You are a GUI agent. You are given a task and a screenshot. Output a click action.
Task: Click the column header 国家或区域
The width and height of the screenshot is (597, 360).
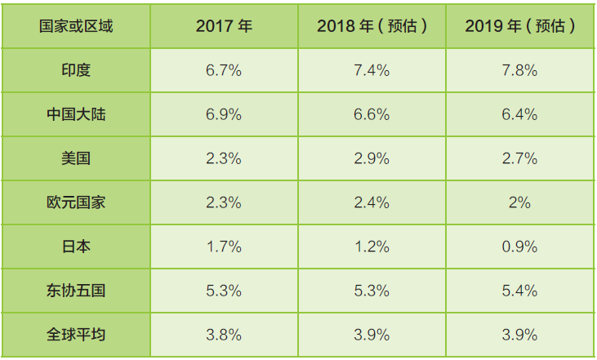point(76,25)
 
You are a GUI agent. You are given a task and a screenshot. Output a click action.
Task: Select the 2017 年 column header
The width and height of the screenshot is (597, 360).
point(224,25)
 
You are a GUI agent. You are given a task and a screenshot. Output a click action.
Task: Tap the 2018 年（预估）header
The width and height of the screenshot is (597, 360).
point(372,25)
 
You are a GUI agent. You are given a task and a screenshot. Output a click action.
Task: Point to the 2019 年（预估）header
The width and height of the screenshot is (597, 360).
point(520,25)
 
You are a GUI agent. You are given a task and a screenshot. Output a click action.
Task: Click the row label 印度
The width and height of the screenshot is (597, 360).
point(76,70)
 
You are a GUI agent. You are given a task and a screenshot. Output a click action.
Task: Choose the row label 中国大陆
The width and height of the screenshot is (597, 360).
point(76,114)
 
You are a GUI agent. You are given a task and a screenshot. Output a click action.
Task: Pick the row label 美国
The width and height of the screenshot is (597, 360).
point(76,158)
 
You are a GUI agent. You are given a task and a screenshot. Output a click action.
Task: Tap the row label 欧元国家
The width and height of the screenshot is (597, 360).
point(76,202)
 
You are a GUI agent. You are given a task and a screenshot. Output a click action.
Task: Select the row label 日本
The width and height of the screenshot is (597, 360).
point(76,246)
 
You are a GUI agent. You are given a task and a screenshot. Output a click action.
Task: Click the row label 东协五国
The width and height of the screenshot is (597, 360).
point(76,290)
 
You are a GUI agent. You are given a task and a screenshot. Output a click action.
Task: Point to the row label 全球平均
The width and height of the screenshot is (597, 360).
point(76,333)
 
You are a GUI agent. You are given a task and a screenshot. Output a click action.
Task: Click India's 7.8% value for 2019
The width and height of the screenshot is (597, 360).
point(520,70)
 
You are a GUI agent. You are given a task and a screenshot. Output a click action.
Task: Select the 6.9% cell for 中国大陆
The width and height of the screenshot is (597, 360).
point(224,114)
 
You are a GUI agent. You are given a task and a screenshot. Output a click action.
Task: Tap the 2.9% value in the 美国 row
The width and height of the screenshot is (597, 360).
point(372,158)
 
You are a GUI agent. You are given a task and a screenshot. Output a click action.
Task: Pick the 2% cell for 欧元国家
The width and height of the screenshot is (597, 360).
point(520,202)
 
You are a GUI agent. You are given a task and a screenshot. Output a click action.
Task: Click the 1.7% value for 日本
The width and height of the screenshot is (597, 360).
point(224,246)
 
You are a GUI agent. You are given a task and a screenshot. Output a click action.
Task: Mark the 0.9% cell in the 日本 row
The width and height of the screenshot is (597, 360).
point(520,246)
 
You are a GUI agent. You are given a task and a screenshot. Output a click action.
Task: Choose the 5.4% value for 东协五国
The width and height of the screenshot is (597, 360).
point(520,290)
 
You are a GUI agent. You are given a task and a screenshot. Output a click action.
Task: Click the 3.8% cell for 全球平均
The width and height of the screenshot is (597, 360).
point(224,333)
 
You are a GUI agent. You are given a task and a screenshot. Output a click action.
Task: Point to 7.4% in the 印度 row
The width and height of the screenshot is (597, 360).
point(372,70)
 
